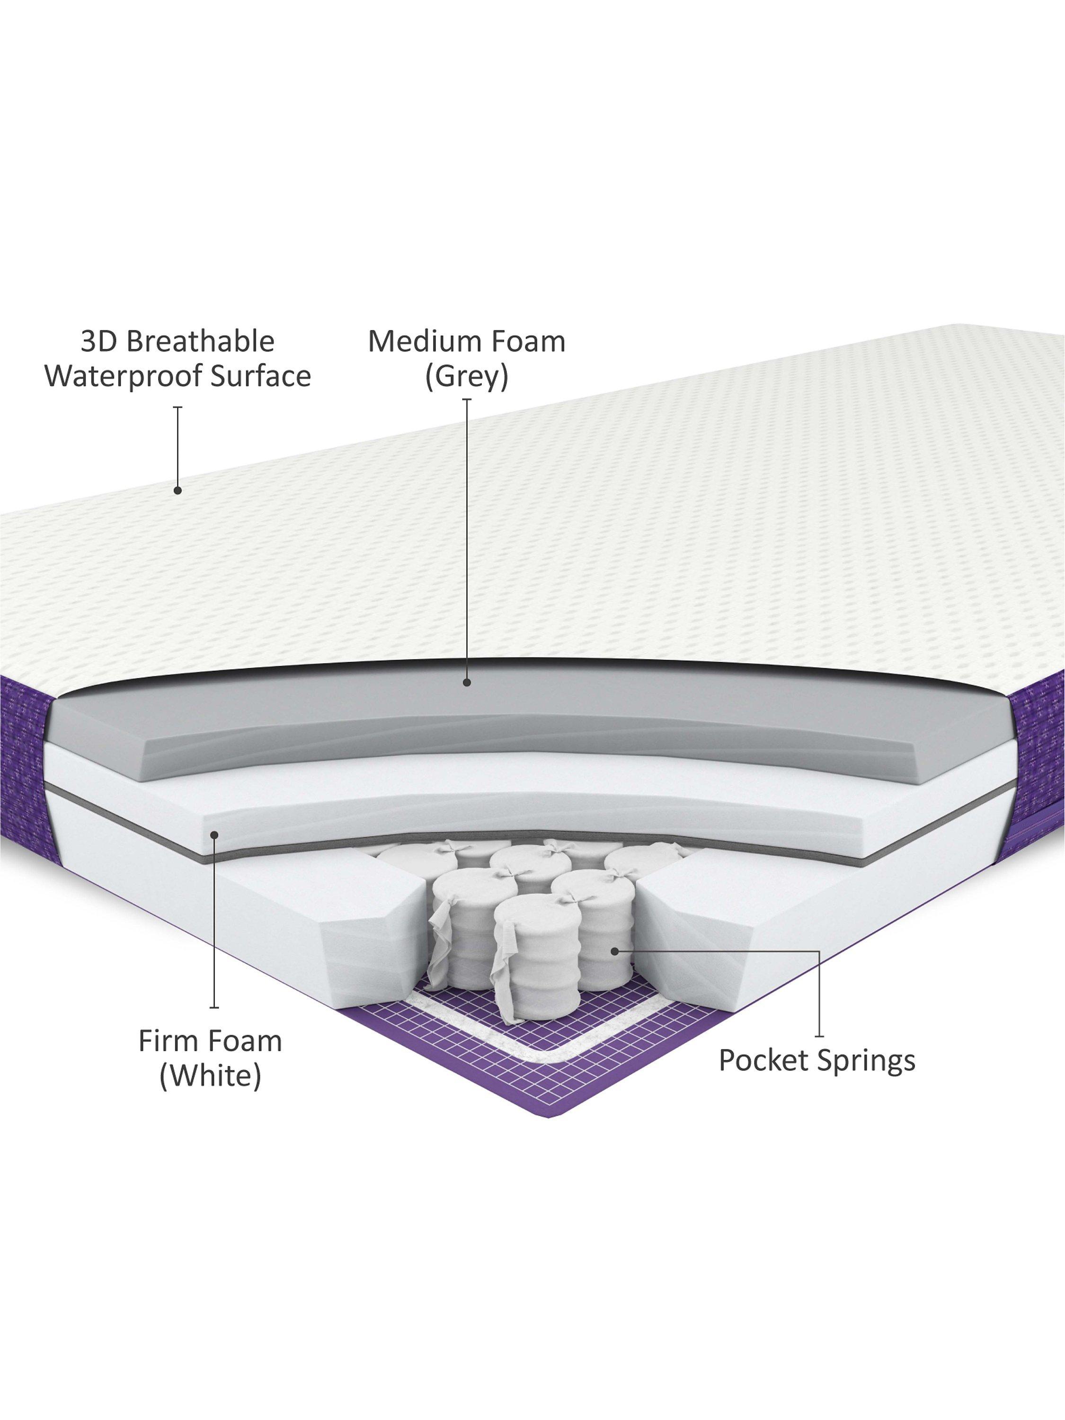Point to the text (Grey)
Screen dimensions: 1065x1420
467,377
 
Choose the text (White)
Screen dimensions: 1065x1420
211,1076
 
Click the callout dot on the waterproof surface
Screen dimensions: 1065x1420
178,490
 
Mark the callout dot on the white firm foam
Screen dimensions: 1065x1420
215,834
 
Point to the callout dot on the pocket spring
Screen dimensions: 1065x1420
614,951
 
